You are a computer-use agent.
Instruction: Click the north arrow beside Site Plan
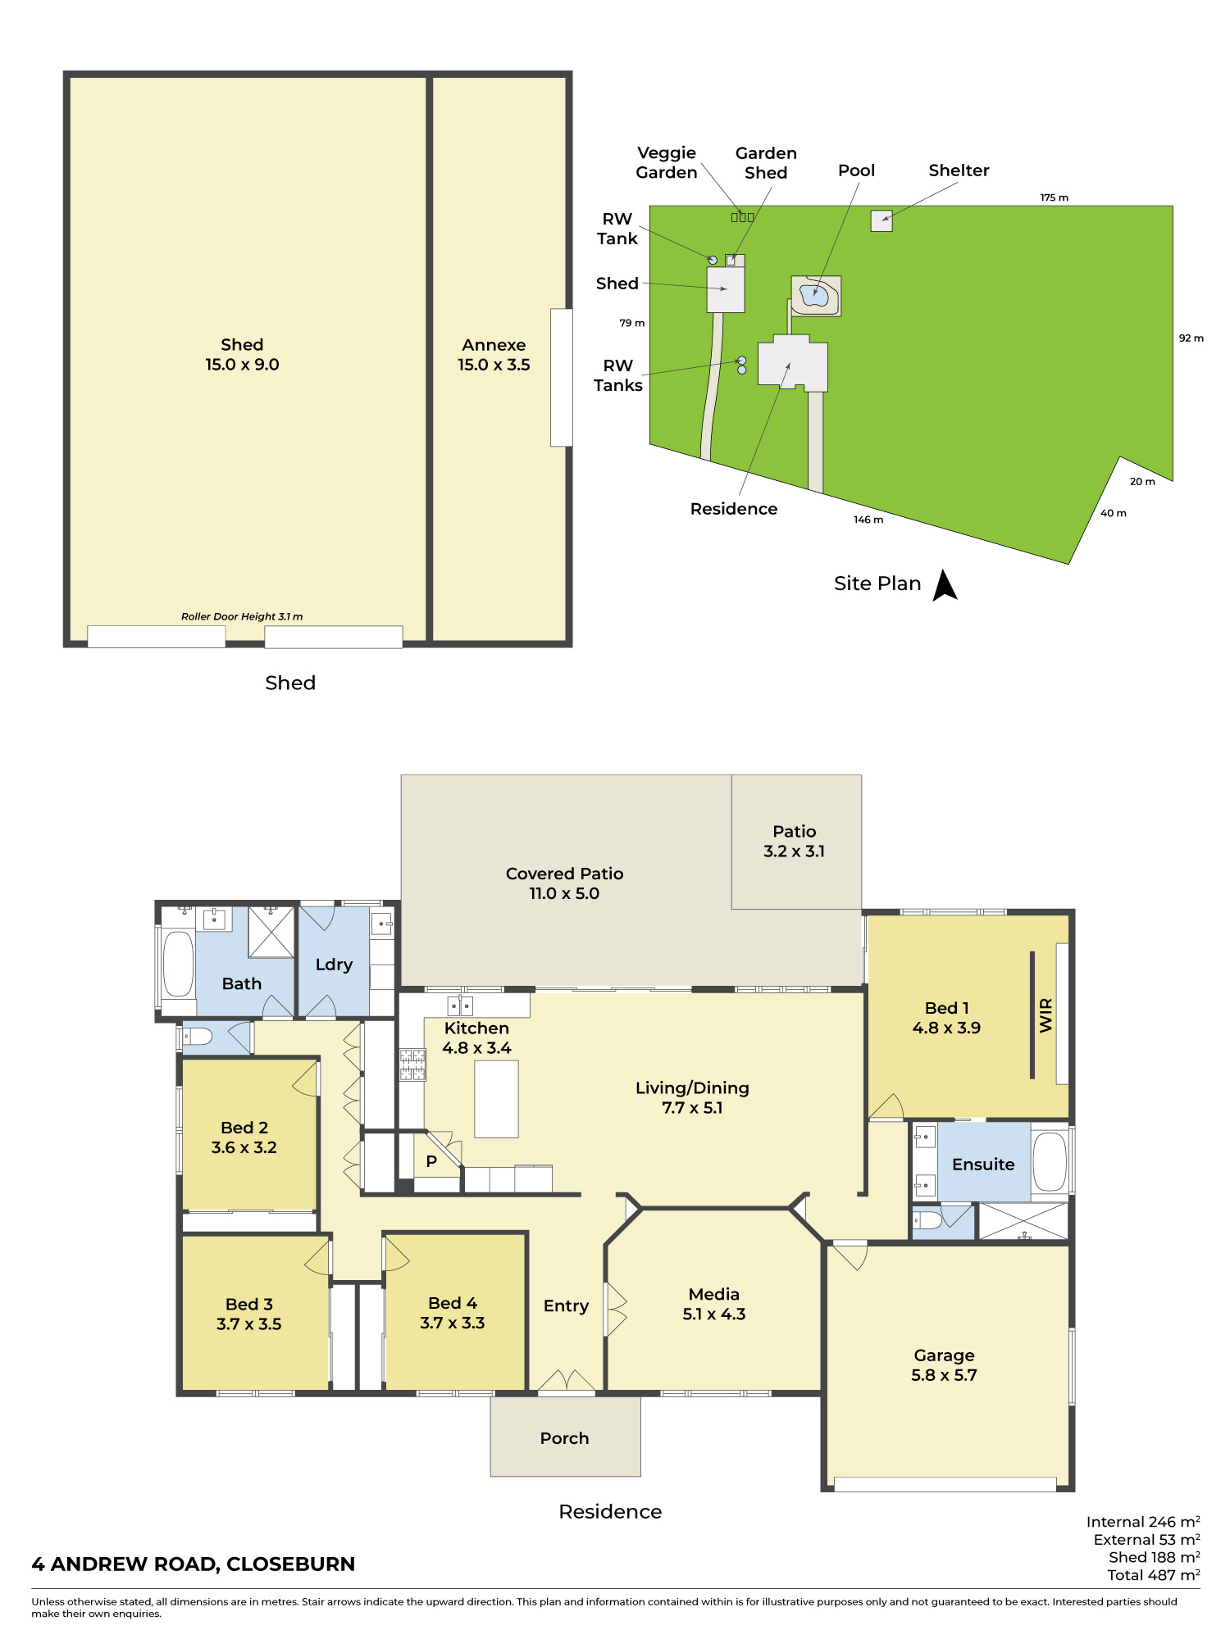click(x=945, y=586)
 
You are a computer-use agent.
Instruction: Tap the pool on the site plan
click(x=814, y=295)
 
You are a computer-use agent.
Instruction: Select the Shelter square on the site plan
click(x=881, y=220)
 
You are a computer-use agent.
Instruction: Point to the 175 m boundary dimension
click(x=1055, y=197)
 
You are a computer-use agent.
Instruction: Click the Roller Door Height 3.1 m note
click(x=242, y=616)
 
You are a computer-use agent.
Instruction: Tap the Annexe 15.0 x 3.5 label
click(x=494, y=355)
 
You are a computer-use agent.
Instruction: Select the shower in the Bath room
click(x=271, y=932)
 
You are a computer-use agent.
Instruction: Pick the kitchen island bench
click(x=496, y=1099)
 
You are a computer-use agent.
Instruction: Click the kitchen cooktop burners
click(x=412, y=1065)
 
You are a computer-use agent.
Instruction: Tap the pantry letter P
click(x=431, y=1161)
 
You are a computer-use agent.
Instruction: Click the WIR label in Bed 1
click(x=1045, y=1015)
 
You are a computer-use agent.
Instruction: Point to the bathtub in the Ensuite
click(x=1050, y=1161)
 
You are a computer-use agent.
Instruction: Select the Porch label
click(x=565, y=1438)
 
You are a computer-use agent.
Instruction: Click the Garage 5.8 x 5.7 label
click(x=945, y=1365)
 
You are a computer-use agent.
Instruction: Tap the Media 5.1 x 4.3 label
click(x=714, y=1304)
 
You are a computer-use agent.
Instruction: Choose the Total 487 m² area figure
click(x=1154, y=1574)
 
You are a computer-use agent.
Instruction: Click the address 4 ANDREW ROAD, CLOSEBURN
click(x=194, y=1564)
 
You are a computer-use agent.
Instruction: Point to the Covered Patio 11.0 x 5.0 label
click(x=564, y=883)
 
